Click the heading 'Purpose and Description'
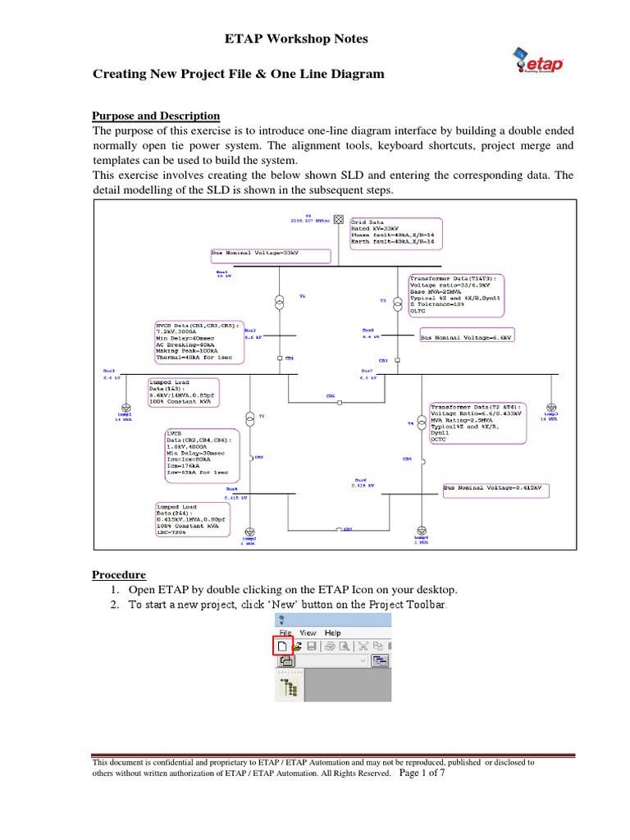pos(155,116)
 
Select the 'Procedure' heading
pos(118,574)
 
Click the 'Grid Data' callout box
pos(395,231)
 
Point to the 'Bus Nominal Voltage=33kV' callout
pos(270,255)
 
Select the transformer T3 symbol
pos(398,301)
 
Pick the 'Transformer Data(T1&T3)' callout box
pos(456,295)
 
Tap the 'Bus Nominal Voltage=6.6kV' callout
pos(465,337)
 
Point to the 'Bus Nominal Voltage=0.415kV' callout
pos(495,489)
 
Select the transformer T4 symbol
pos(422,422)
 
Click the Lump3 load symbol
pos(551,407)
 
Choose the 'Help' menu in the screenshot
pos(332,632)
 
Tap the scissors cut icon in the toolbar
pos(363,646)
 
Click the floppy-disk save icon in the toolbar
pos(311,646)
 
